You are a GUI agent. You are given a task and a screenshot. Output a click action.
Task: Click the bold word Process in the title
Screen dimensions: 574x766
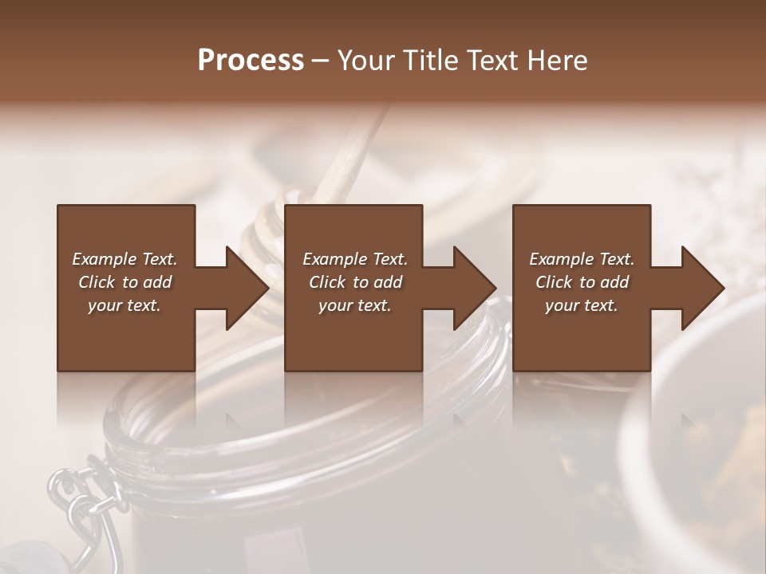tap(251, 61)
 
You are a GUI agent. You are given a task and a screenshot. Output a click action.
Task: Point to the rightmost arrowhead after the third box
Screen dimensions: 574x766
tap(701, 288)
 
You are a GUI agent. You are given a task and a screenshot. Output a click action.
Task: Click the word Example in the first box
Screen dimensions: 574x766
tap(105, 259)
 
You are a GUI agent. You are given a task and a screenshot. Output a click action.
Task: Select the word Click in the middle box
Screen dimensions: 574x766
tap(327, 282)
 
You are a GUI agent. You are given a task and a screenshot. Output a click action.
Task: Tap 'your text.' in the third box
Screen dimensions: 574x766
tap(581, 305)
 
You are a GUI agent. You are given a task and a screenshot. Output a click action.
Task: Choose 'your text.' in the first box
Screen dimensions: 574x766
tap(124, 305)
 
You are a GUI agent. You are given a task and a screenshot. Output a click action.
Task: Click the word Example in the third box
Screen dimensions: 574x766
tap(561, 259)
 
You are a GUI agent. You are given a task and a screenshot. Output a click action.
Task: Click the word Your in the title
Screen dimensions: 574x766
tap(364, 61)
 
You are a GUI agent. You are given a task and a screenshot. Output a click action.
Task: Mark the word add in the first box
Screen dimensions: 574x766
tap(158, 282)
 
